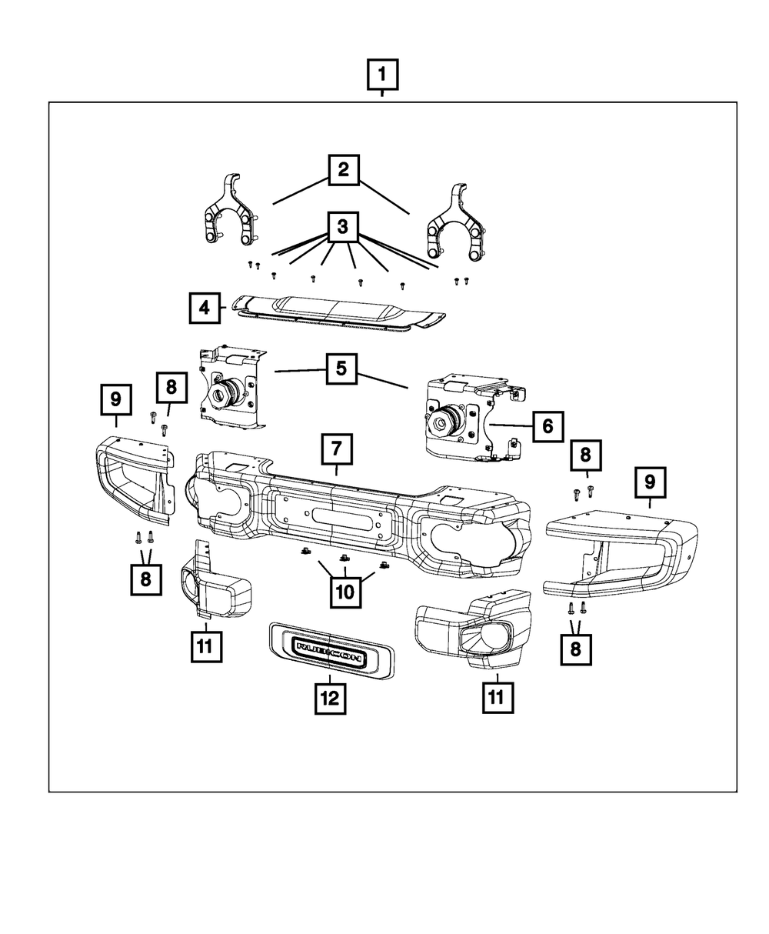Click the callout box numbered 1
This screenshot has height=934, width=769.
[x=382, y=77]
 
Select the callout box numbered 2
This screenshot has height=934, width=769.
[x=343, y=169]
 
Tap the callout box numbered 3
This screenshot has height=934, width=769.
[x=343, y=226]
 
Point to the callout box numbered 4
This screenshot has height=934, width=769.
[x=204, y=309]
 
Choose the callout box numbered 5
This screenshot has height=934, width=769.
[x=341, y=369]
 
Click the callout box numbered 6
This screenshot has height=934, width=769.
[x=548, y=425]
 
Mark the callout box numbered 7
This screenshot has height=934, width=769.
[x=337, y=448]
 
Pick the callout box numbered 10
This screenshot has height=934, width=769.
[x=345, y=592]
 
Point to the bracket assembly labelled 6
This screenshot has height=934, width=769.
[x=465, y=419]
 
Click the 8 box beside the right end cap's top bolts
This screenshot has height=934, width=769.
[x=584, y=456]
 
